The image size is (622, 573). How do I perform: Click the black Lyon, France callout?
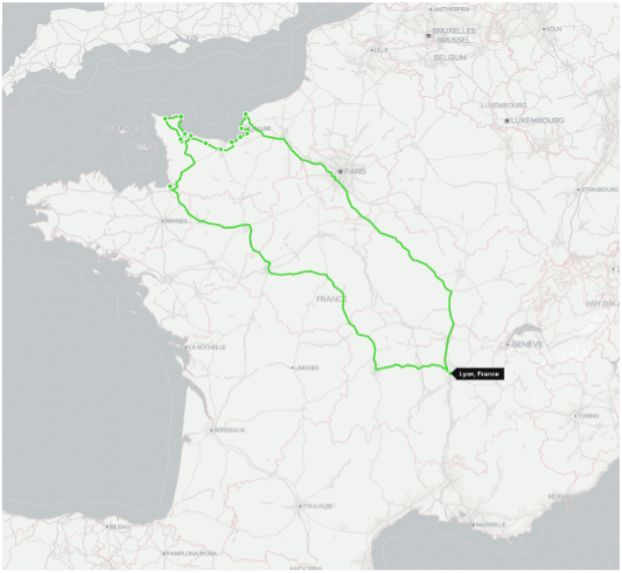(x=479, y=374)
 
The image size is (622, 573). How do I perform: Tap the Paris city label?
(x=354, y=171)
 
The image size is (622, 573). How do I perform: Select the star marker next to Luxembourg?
(x=507, y=120)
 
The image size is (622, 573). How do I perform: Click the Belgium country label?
(x=451, y=57)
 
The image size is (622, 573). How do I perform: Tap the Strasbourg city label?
(x=601, y=189)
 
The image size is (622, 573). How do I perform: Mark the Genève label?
(x=528, y=344)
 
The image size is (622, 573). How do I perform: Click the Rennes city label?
(x=177, y=220)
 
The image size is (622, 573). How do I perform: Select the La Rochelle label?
(x=207, y=347)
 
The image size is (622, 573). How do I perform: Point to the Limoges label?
(x=306, y=367)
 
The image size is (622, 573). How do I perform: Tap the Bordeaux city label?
(x=229, y=430)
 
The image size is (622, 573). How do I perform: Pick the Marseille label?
(x=490, y=525)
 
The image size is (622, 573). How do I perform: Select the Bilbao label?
(x=119, y=527)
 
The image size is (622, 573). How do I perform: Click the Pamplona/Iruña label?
(x=192, y=553)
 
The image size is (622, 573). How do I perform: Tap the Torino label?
(x=589, y=416)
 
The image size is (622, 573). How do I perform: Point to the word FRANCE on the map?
(x=332, y=299)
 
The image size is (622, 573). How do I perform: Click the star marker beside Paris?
(x=339, y=171)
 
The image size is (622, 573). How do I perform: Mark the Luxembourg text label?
(x=538, y=120)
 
